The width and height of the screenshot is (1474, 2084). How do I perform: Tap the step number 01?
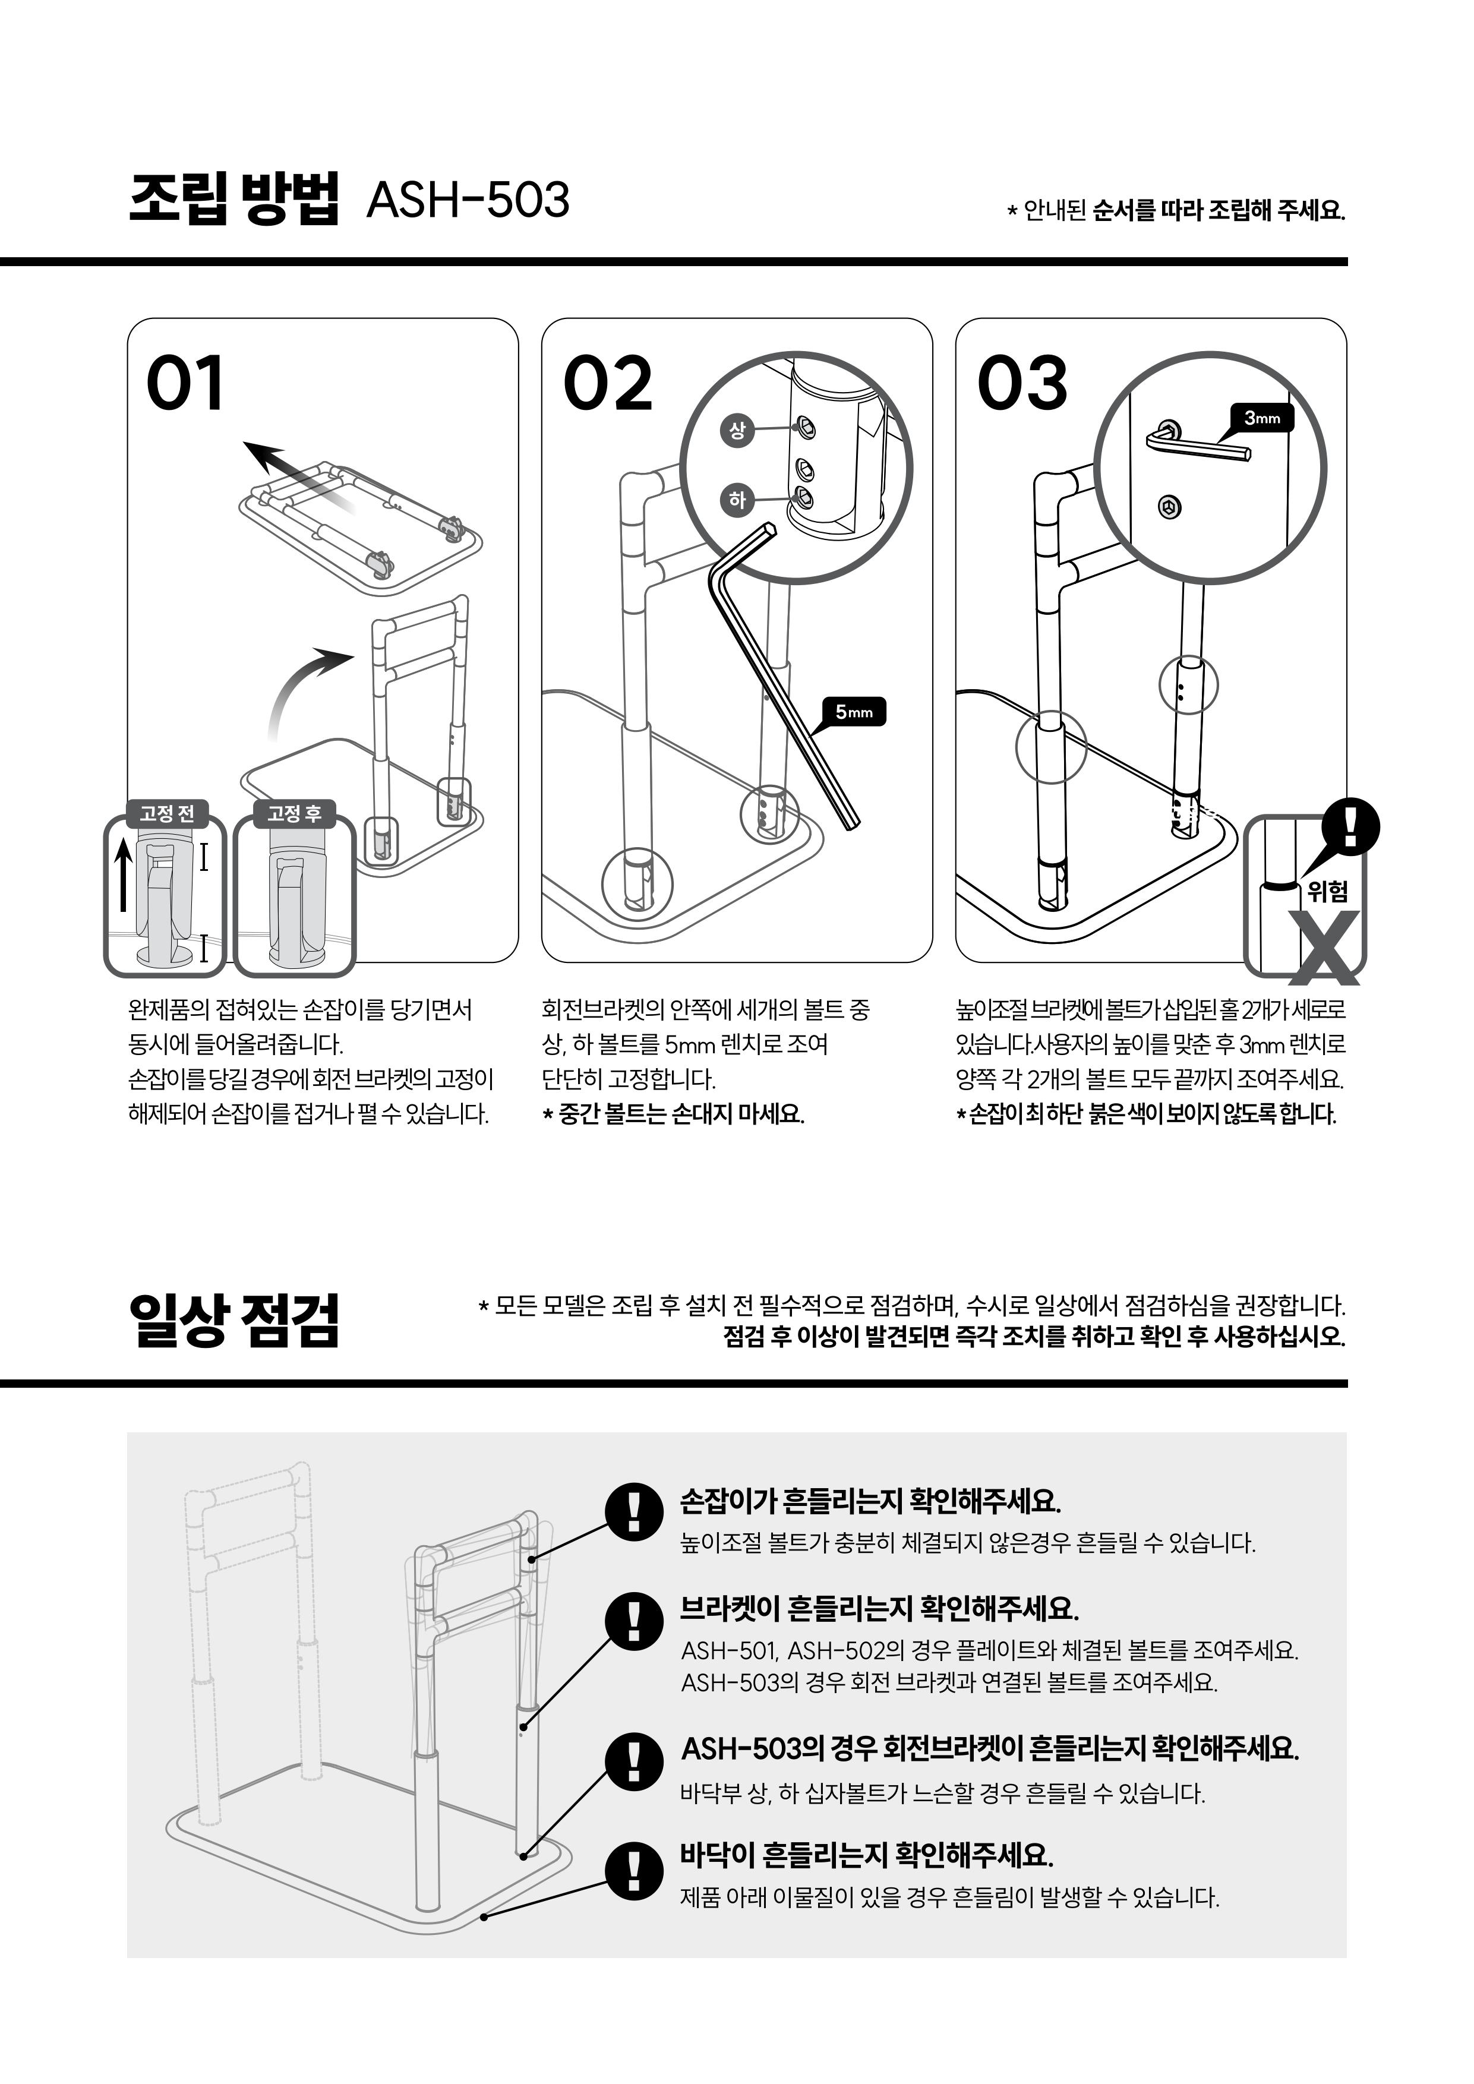tap(185, 383)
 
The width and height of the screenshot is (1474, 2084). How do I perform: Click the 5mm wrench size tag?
tap(853, 712)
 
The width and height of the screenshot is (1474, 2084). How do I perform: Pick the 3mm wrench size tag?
tap(1262, 418)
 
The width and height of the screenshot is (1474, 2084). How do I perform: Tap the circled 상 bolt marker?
tap(737, 430)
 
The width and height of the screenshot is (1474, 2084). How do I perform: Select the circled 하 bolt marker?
tap(737, 499)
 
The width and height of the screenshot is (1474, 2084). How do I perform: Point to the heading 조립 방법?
tap(234, 198)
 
